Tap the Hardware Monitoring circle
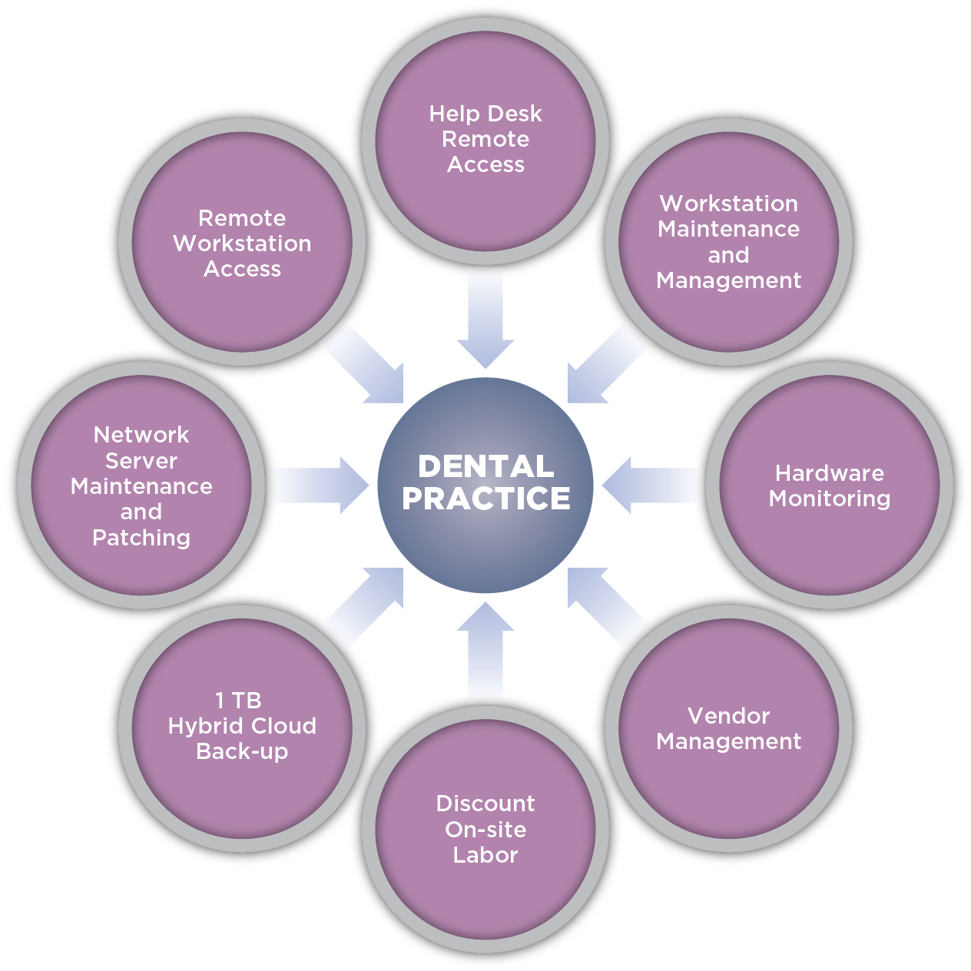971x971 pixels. [x=830, y=538]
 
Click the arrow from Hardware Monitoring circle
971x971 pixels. [x=653, y=485]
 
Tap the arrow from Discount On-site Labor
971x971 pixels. [x=485, y=653]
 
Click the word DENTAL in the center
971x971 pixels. [x=485, y=466]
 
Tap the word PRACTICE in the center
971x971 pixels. [x=485, y=499]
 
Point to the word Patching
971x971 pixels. [x=141, y=538]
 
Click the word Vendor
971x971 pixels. [x=728, y=716]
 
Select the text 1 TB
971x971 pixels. [x=238, y=701]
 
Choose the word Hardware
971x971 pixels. [x=830, y=473]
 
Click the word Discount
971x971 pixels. [x=485, y=804]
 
